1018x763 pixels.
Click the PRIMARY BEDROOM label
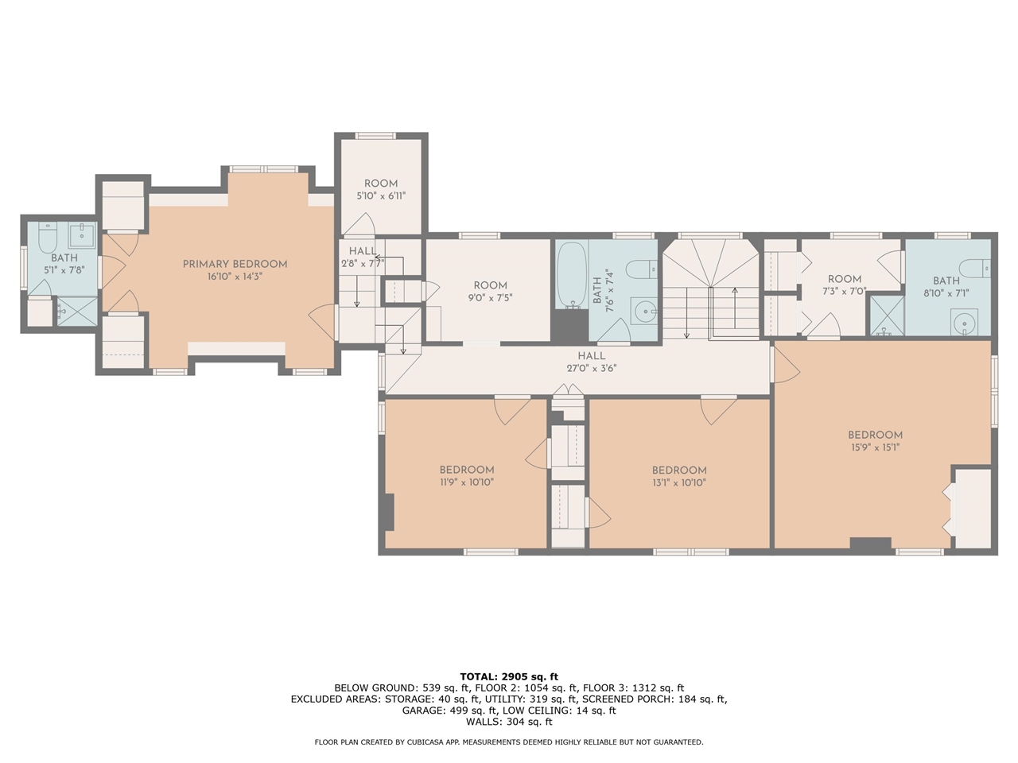click(235, 264)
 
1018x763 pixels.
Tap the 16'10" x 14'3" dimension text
click(235, 277)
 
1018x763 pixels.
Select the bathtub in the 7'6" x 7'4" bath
click(572, 275)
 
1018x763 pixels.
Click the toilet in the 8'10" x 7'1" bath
click(975, 269)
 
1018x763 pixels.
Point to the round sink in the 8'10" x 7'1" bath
click(964, 322)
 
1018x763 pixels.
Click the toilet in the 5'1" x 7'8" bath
click(47, 237)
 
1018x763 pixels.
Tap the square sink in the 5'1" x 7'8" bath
click(82, 235)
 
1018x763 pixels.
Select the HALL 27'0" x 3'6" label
click(592, 362)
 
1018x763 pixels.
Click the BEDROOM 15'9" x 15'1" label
click(875, 440)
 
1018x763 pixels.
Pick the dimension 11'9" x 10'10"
click(467, 482)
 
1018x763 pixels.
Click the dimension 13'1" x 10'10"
click(679, 482)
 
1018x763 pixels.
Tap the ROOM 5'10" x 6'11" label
click(381, 189)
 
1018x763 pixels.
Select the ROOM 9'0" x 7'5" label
click(490, 292)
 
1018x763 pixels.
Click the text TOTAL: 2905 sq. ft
click(509, 677)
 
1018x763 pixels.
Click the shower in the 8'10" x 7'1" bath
click(887, 316)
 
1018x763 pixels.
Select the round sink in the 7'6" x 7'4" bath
click(644, 312)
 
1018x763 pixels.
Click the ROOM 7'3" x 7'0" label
click(845, 285)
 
